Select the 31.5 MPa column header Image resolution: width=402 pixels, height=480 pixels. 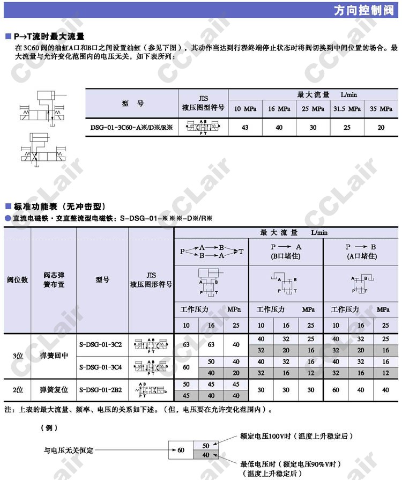[x=347, y=109]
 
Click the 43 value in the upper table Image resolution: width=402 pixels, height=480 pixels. [x=245, y=127]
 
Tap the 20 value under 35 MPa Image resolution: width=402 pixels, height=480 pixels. [x=381, y=127]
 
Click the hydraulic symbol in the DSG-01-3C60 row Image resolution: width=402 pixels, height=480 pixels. [x=203, y=127]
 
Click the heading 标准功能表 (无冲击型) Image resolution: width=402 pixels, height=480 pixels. [x=58, y=206]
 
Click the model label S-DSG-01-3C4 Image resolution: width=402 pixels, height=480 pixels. [x=100, y=367]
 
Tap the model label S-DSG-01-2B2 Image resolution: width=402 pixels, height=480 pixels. [x=100, y=390]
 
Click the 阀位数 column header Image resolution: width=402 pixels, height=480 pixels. [x=17, y=280]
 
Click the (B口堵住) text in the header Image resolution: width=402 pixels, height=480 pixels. [x=286, y=256]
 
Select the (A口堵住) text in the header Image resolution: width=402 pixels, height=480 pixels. [x=361, y=256]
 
